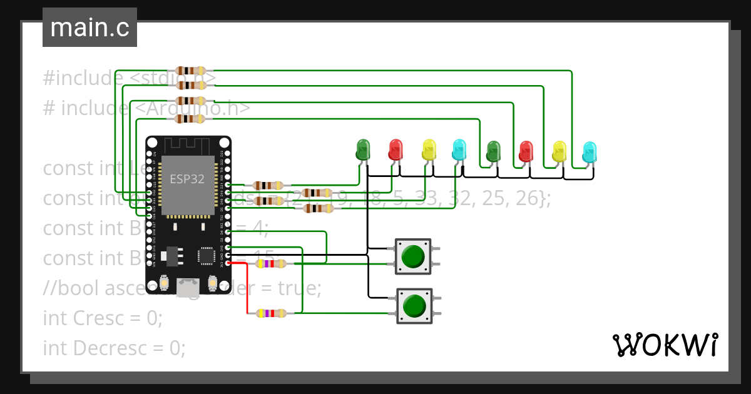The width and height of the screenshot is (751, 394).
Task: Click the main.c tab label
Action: pyautogui.click(x=89, y=28)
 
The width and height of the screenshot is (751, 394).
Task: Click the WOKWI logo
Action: pyautogui.click(x=664, y=345)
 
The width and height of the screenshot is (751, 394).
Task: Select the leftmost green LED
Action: pyautogui.click(x=362, y=149)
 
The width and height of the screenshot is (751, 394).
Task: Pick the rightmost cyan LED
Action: pyautogui.click(x=590, y=152)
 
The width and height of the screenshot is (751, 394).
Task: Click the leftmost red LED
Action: pyautogui.click(x=396, y=149)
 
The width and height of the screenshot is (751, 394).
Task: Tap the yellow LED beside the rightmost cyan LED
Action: pyautogui.click(x=559, y=152)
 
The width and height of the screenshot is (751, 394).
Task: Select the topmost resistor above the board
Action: pyautogui.click(x=191, y=71)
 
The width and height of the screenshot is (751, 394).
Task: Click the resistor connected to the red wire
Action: pyautogui.click(x=271, y=313)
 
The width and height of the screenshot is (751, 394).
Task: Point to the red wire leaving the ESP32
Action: pyautogui.click(x=247, y=288)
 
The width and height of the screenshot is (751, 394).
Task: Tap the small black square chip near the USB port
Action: pyautogui.click(x=206, y=255)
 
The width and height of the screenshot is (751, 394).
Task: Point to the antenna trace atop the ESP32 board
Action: pyautogui.click(x=188, y=145)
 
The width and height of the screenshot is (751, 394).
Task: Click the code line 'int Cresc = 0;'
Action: pyautogui.click(x=103, y=318)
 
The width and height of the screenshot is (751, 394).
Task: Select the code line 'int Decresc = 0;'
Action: pyautogui.click(x=114, y=347)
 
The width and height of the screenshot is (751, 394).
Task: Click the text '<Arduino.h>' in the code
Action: pyautogui.click(x=192, y=108)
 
